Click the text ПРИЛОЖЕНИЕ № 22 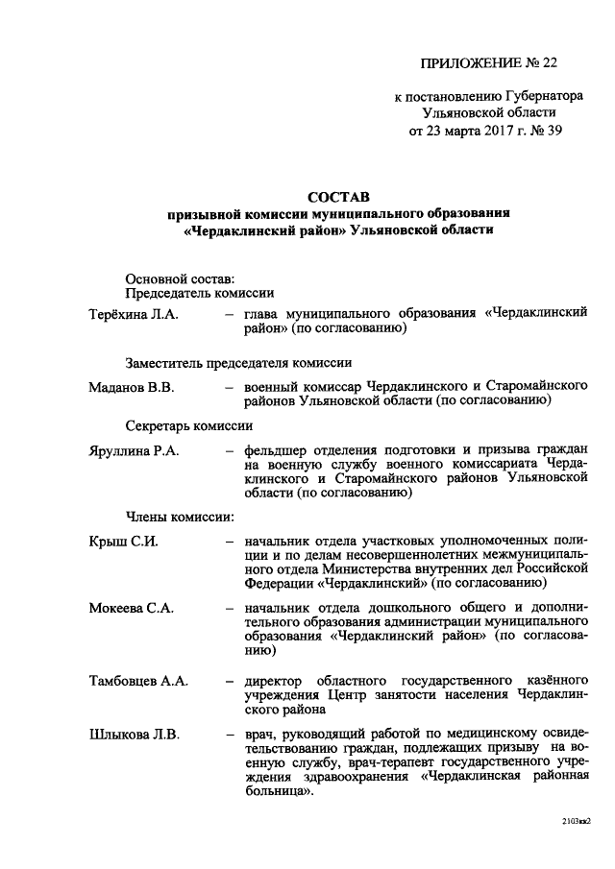pos(488,63)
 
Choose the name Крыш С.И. pos(123,540)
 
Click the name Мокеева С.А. pos(131,609)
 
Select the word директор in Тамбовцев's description pos(275,681)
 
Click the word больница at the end pos(278,796)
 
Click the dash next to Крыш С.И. pos(230,541)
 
